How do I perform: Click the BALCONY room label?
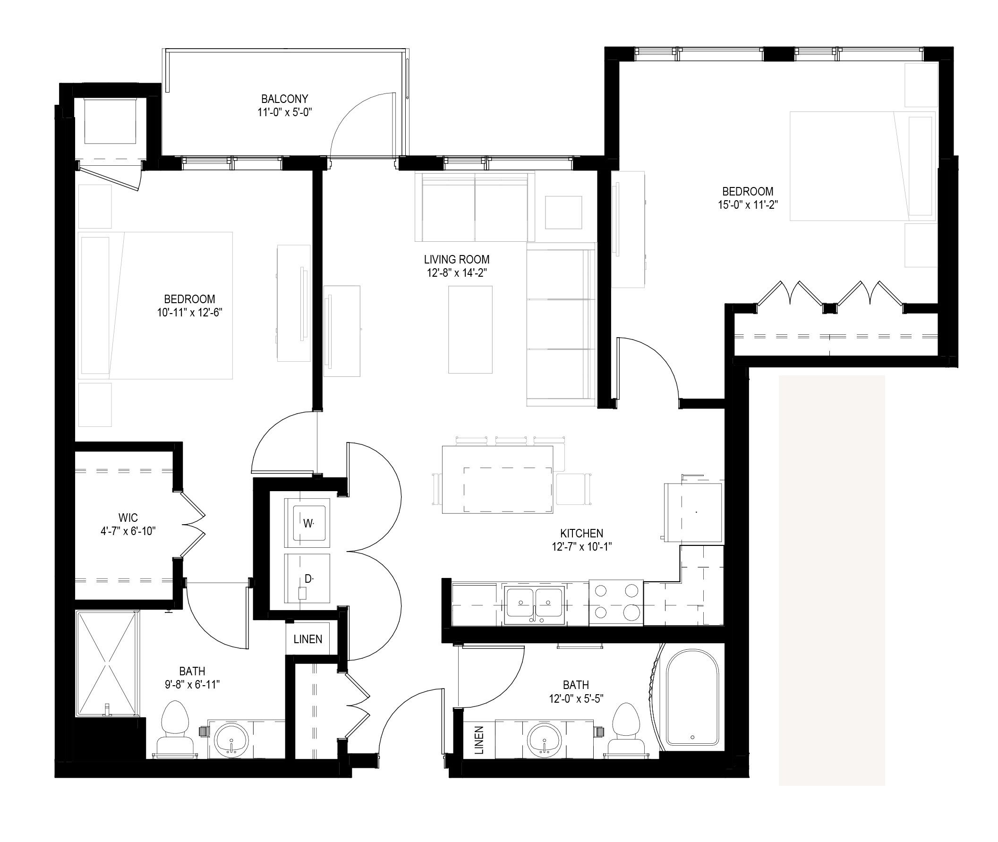[x=284, y=99]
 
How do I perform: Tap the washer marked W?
[x=307, y=523]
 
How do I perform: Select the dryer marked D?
[x=307, y=578]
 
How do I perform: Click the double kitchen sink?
[x=534, y=603]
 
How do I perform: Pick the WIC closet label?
[x=128, y=518]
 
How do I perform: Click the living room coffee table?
[x=470, y=329]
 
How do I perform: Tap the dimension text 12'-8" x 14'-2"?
[x=457, y=273]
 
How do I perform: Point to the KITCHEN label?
[x=581, y=533]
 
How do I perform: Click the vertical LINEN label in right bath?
[x=479, y=740]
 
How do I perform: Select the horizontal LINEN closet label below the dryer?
[x=308, y=639]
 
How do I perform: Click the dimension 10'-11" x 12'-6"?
[x=189, y=313]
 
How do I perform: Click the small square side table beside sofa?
[x=563, y=212]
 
